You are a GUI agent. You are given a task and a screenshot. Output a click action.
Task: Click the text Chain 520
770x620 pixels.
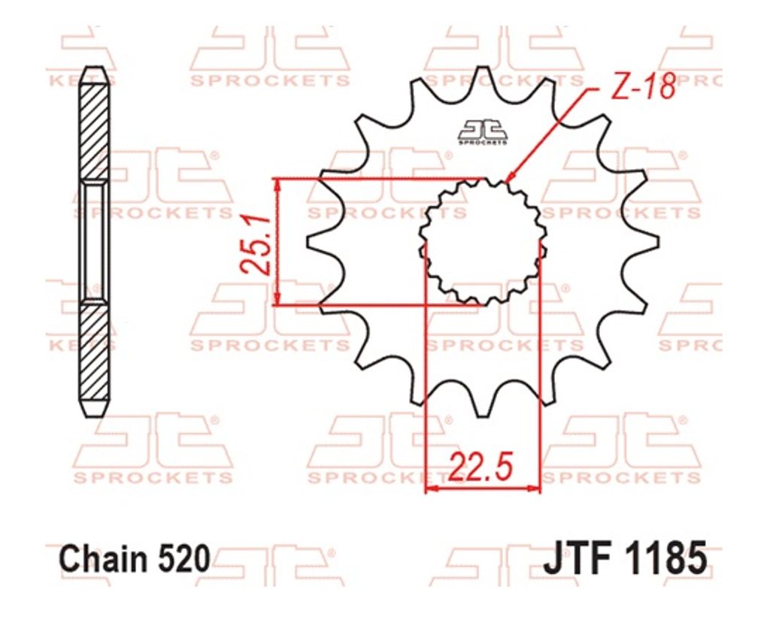point(135,559)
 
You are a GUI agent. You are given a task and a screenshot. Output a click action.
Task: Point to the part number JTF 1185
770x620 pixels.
point(625,558)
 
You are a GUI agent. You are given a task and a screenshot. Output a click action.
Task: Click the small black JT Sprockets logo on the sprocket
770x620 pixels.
point(482,132)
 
